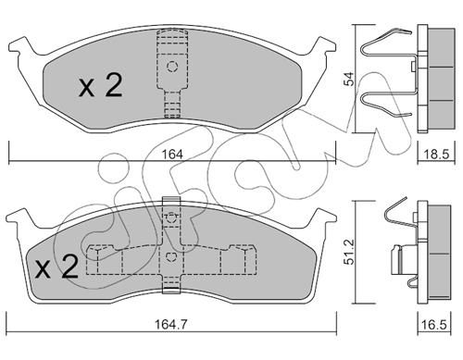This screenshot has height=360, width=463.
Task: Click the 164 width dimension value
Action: coord(172,155)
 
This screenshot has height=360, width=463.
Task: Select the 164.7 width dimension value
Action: coord(171,325)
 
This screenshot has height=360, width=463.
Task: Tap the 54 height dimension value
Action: coord(349,80)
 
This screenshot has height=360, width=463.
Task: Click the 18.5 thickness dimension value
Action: coord(436,154)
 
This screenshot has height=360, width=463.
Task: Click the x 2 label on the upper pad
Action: coord(101,85)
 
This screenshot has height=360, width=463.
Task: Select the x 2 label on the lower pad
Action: coord(56,267)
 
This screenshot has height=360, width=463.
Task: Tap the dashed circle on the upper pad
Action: coord(172,67)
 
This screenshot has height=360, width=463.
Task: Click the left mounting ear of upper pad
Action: coord(19,46)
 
